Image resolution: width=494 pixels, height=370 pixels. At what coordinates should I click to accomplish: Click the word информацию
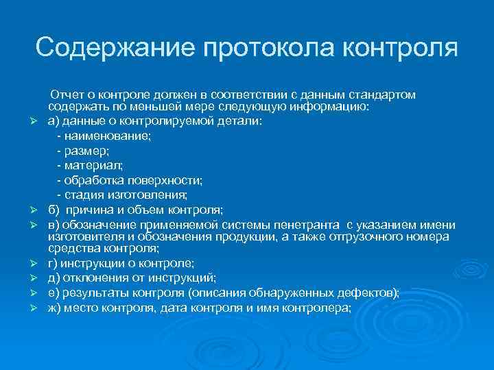click(330, 107)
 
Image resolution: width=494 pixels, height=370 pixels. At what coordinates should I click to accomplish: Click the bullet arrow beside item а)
click(41, 122)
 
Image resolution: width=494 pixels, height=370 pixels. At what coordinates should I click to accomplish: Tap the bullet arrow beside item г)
click(41, 263)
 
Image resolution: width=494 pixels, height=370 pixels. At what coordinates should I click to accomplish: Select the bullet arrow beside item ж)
click(41, 308)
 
